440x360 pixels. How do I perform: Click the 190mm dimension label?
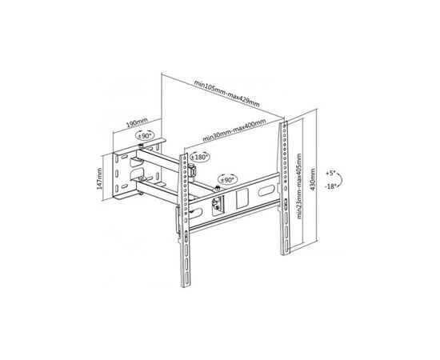pyautogui.click(x=138, y=122)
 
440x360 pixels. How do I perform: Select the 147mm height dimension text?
pyautogui.click(x=100, y=178)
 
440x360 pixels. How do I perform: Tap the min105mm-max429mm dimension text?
pyautogui.click(x=226, y=94)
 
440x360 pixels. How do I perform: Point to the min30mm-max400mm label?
pyautogui.click(x=234, y=130)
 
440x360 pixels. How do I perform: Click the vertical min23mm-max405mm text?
pyautogui.click(x=299, y=186)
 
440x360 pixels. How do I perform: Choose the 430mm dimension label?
pyautogui.click(x=313, y=179)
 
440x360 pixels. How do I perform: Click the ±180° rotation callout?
pyautogui.click(x=199, y=157)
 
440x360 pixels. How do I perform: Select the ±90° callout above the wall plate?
pyautogui.click(x=145, y=135)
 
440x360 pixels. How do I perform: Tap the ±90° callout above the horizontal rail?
pyautogui.click(x=227, y=179)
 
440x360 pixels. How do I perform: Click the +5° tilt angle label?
pyautogui.click(x=330, y=173)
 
